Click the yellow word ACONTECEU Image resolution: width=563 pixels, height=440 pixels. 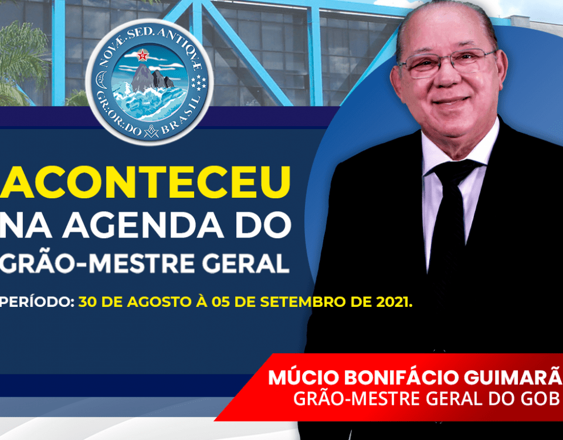[145, 182]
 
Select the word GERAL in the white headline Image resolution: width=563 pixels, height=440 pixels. [246, 263]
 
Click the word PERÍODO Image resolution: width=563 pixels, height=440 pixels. [36, 302]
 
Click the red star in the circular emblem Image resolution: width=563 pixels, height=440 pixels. [143, 55]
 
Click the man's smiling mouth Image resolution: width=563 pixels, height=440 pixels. [450, 101]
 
